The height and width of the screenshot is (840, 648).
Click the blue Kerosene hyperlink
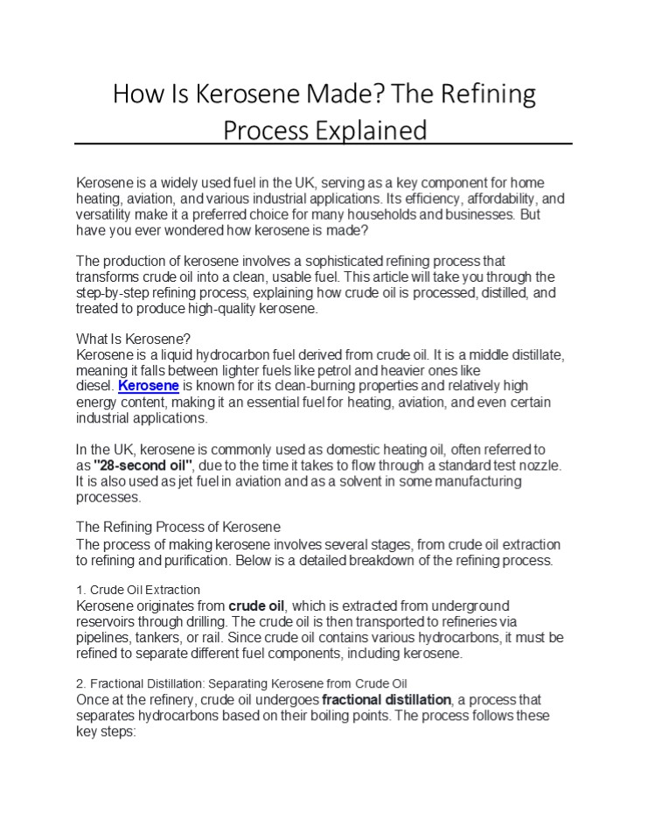pos(149,386)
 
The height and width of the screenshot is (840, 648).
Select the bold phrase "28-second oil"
pos(142,465)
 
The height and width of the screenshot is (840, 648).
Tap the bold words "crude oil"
pos(257,605)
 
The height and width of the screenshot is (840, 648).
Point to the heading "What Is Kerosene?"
pos(133,339)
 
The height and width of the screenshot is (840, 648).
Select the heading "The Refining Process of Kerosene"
pos(178,527)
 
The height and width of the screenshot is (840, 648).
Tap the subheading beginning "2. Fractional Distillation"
pos(242,683)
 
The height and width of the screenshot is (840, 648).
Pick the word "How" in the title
pos(136,94)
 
